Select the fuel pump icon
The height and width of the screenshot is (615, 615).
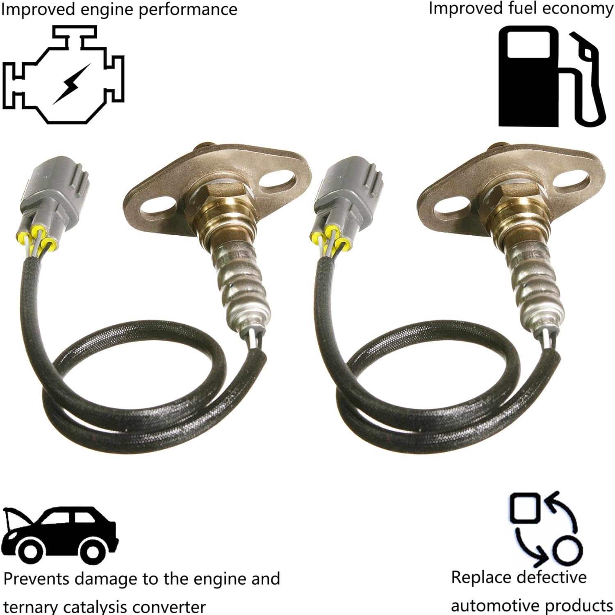tap(549, 76)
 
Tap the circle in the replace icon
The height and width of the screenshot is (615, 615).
tap(567, 550)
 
